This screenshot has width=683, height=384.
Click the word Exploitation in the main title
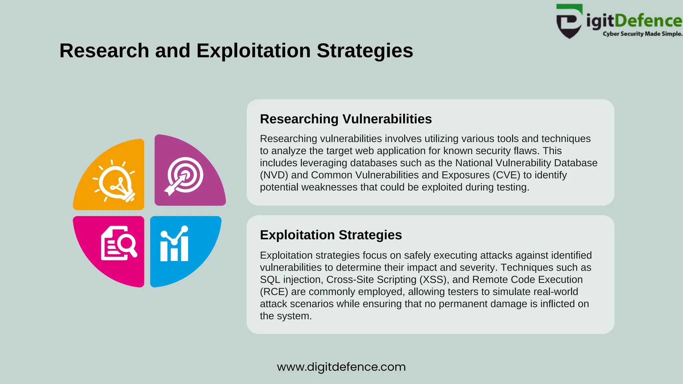tap(253, 51)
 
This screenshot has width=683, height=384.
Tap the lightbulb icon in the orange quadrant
tap(114, 180)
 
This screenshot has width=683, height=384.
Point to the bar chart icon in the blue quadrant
tap(174, 244)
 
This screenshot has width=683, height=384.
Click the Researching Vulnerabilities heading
tap(346, 119)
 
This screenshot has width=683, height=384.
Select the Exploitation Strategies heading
tap(330, 235)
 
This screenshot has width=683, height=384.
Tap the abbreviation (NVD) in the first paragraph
tap(274, 175)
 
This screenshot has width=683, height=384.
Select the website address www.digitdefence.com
tap(341, 367)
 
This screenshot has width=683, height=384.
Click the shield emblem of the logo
tap(569, 22)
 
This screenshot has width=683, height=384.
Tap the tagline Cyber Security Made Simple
tap(642, 34)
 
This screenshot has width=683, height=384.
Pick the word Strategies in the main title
tap(365, 51)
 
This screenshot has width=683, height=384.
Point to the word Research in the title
tap(104, 51)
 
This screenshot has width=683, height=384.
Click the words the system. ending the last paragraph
tap(285, 316)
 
